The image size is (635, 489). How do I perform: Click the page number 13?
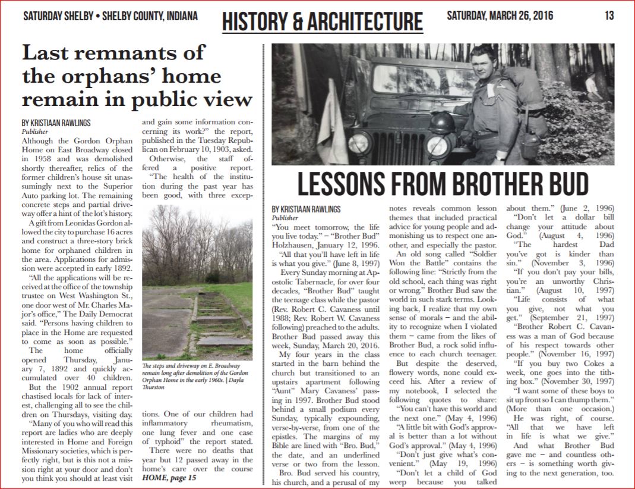coord(609,15)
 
